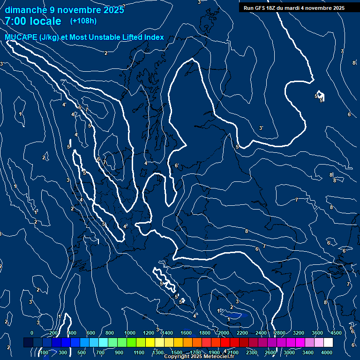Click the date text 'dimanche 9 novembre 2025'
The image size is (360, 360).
click(64, 10)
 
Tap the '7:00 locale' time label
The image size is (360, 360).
click(33, 21)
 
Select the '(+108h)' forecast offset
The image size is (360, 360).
click(83, 21)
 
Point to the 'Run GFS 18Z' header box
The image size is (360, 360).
click(294, 8)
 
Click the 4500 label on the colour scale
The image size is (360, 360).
click(336, 333)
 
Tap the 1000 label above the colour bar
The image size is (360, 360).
click(130, 333)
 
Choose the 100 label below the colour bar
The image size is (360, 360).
click(44, 352)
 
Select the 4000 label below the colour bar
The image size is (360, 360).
click(327, 352)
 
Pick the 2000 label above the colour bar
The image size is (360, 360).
click(224, 333)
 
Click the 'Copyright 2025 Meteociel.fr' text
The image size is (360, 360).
click(199, 357)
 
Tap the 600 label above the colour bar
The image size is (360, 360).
click(91, 333)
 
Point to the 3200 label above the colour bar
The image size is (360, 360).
click(299, 333)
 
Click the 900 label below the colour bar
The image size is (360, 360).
click(119, 352)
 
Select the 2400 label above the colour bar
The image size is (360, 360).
click(261, 333)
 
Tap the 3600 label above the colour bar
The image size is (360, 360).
click(317, 333)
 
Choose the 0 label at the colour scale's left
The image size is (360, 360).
click(32, 333)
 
